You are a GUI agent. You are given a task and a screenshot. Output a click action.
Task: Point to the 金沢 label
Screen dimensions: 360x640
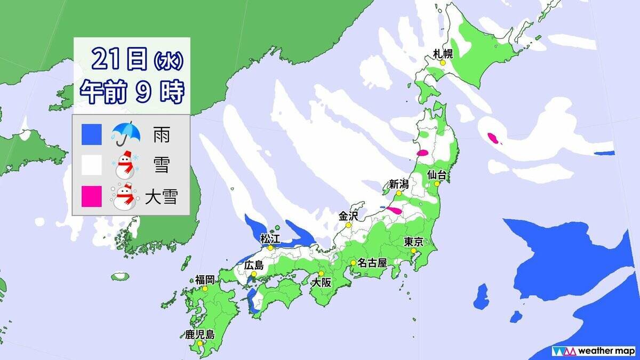348,216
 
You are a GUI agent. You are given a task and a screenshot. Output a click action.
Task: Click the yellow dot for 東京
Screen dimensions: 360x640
413,250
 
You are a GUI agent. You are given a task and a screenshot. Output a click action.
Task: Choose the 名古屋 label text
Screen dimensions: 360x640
372,262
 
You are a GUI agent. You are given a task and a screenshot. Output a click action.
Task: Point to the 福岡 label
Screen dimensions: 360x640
205,279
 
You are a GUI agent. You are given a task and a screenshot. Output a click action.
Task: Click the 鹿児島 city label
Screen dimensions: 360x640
199,335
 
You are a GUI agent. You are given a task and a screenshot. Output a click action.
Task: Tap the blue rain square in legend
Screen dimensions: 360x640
91,135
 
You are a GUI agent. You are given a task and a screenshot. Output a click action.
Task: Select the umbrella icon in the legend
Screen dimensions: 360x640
125,134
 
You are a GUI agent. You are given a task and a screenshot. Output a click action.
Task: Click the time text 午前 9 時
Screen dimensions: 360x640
132,92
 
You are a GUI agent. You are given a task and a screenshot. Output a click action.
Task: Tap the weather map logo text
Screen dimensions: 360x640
605,351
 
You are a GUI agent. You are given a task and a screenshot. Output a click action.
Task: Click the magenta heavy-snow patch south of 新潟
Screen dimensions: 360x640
395,211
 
